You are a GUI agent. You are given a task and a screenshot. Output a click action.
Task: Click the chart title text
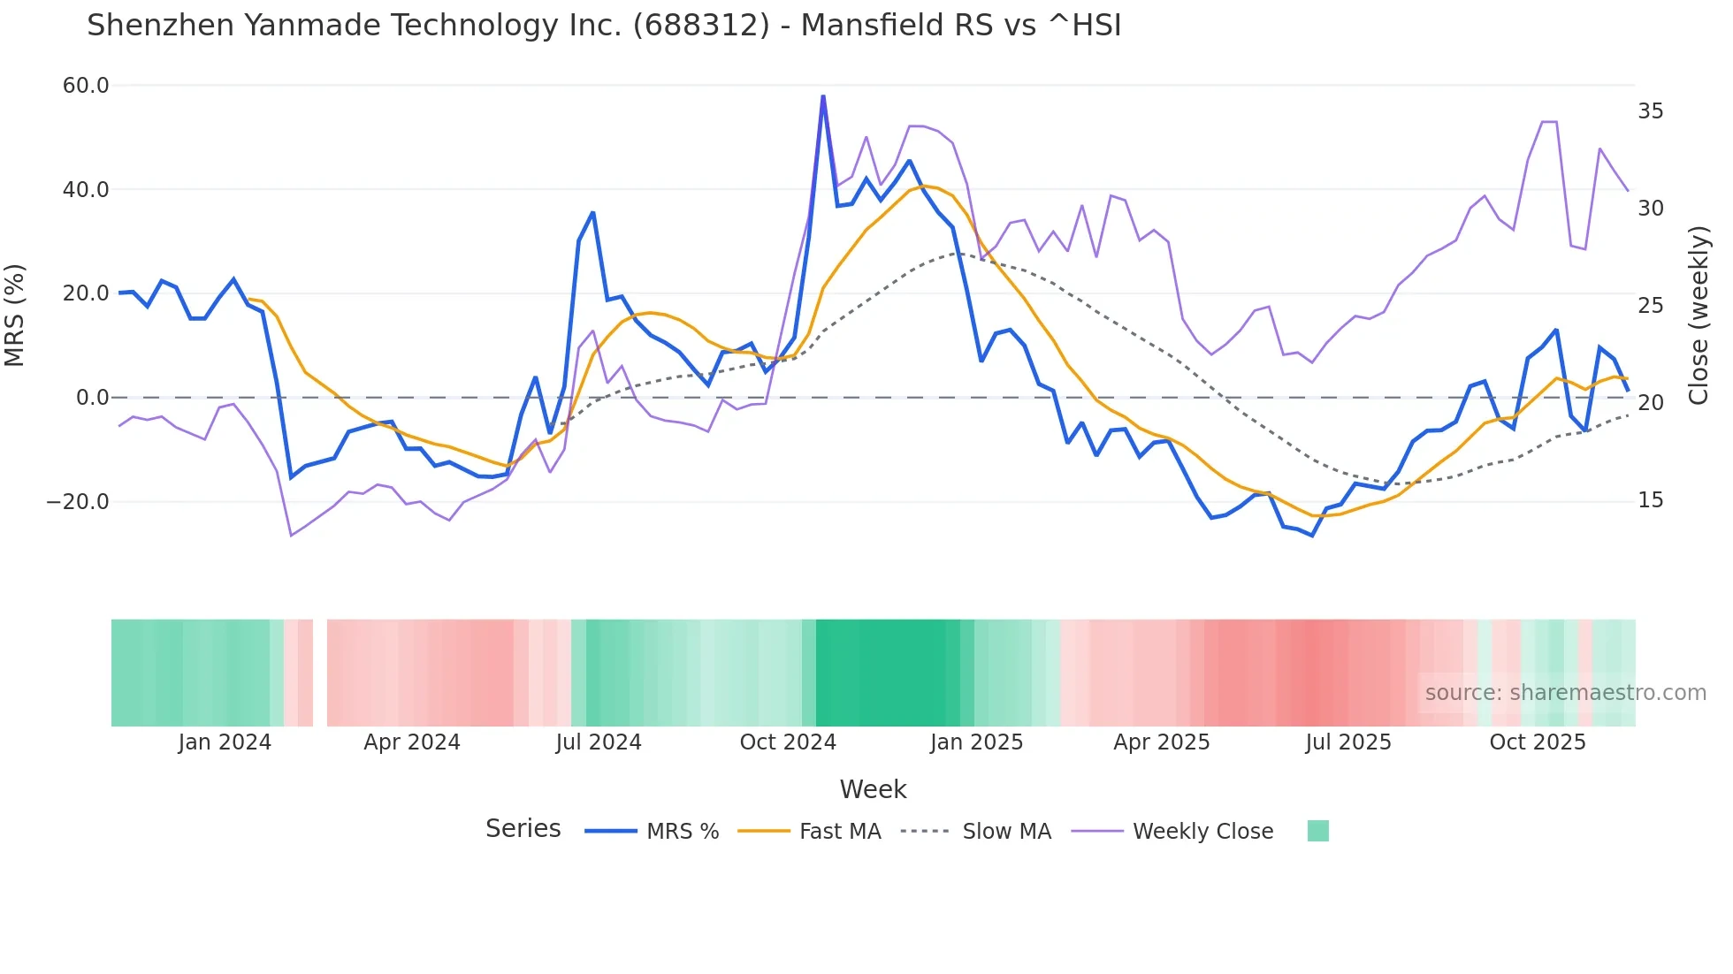(x=604, y=26)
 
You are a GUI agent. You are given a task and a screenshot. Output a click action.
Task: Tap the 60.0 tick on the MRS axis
(x=86, y=86)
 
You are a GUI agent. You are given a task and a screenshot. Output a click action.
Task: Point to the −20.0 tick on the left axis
(x=78, y=502)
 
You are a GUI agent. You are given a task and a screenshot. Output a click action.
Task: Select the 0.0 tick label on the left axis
(x=92, y=398)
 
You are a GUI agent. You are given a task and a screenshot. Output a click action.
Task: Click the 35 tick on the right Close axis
(x=1650, y=111)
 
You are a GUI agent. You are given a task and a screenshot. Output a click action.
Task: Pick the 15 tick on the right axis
(x=1650, y=500)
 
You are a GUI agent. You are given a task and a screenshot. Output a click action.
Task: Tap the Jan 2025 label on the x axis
(x=976, y=742)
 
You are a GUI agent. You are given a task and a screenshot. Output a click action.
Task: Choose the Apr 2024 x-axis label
(x=412, y=742)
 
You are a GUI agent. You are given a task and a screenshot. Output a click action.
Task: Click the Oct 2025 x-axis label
(x=1538, y=742)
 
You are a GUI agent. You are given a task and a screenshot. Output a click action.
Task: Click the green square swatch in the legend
(x=1317, y=831)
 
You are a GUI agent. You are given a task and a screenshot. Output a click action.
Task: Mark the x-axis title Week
(x=873, y=789)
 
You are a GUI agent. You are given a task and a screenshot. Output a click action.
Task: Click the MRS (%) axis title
(x=15, y=315)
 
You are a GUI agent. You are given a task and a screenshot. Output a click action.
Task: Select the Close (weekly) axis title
(x=1699, y=315)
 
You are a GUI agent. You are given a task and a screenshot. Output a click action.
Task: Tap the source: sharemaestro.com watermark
(x=1565, y=693)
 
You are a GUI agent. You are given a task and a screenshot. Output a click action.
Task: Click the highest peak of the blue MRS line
(x=823, y=96)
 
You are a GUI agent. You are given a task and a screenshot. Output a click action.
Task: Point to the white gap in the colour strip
(x=320, y=673)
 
